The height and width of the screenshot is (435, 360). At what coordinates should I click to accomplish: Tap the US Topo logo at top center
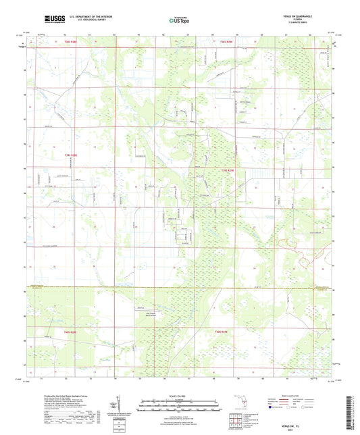coord(179,20)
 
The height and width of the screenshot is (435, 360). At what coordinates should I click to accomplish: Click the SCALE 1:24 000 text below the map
coord(180,396)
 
